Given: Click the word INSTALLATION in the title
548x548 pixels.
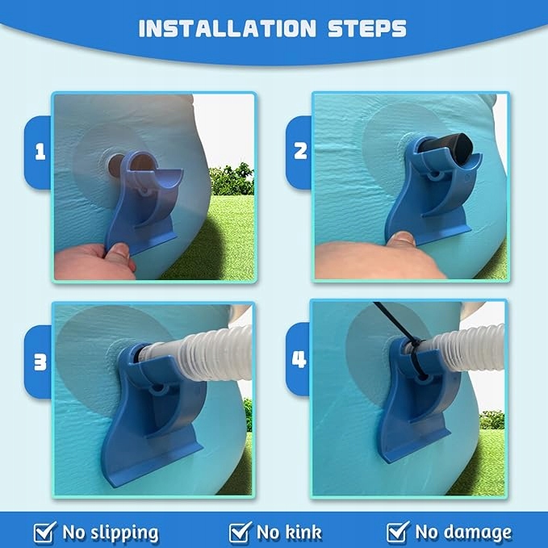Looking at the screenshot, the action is pyautogui.click(x=227, y=28).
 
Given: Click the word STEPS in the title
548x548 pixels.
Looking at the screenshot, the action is pyautogui.click(x=367, y=28).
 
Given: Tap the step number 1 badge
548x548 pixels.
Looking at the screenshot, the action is pyautogui.click(x=40, y=153).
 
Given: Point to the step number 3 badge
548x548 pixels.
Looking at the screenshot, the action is pyautogui.click(x=40, y=362).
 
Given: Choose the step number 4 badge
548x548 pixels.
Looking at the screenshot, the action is pyautogui.click(x=299, y=359).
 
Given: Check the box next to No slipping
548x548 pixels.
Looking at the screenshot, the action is pyautogui.click(x=44, y=533).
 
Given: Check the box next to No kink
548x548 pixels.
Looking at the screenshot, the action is pyautogui.click(x=240, y=533).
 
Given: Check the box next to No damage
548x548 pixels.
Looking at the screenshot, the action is pyautogui.click(x=398, y=533).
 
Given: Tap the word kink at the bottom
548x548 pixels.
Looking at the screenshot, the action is pyautogui.click(x=302, y=533).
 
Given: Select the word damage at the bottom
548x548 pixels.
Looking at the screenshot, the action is pyautogui.click(x=475, y=533).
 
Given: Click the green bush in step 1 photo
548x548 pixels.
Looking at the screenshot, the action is pyautogui.click(x=232, y=179).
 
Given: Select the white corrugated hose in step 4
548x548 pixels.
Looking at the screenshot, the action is pyautogui.click(x=465, y=349).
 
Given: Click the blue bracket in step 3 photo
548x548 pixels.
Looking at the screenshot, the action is pyautogui.click(x=154, y=412).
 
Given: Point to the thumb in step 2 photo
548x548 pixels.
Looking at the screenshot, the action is pyautogui.click(x=402, y=240).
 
